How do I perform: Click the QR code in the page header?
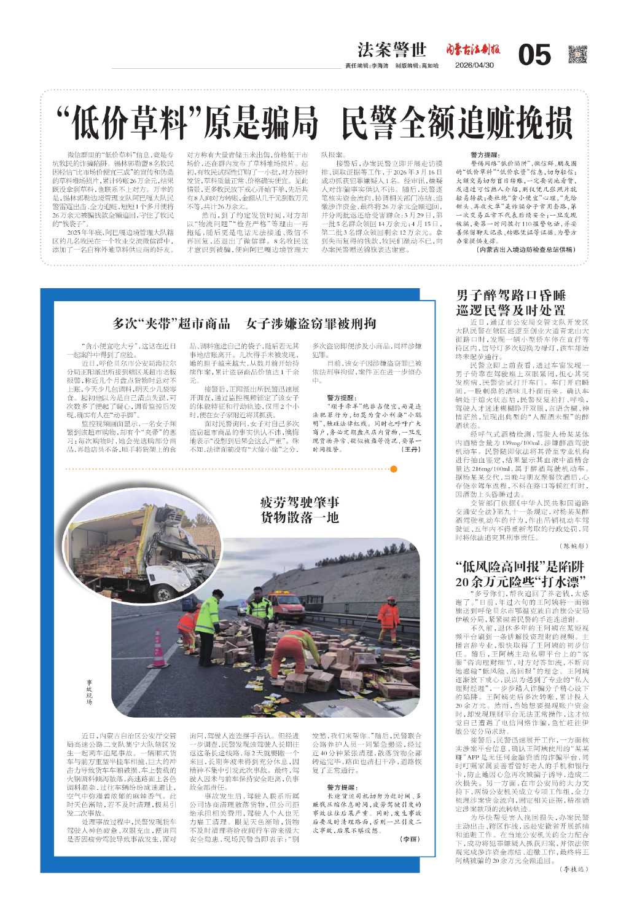(x=577, y=55)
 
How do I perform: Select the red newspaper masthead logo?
(x=472, y=50)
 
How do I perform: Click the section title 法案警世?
(x=392, y=50)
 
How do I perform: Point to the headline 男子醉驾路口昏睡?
(x=510, y=295)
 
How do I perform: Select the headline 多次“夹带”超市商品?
(x=171, y=323)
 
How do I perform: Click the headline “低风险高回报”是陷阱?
(x=520, y=566)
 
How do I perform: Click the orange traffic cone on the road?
(x=158, y=648)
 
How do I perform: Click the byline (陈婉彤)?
(x=574, y=545)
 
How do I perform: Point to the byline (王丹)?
(x=410, y=450)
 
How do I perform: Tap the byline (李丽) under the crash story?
(x=409, y=838)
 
